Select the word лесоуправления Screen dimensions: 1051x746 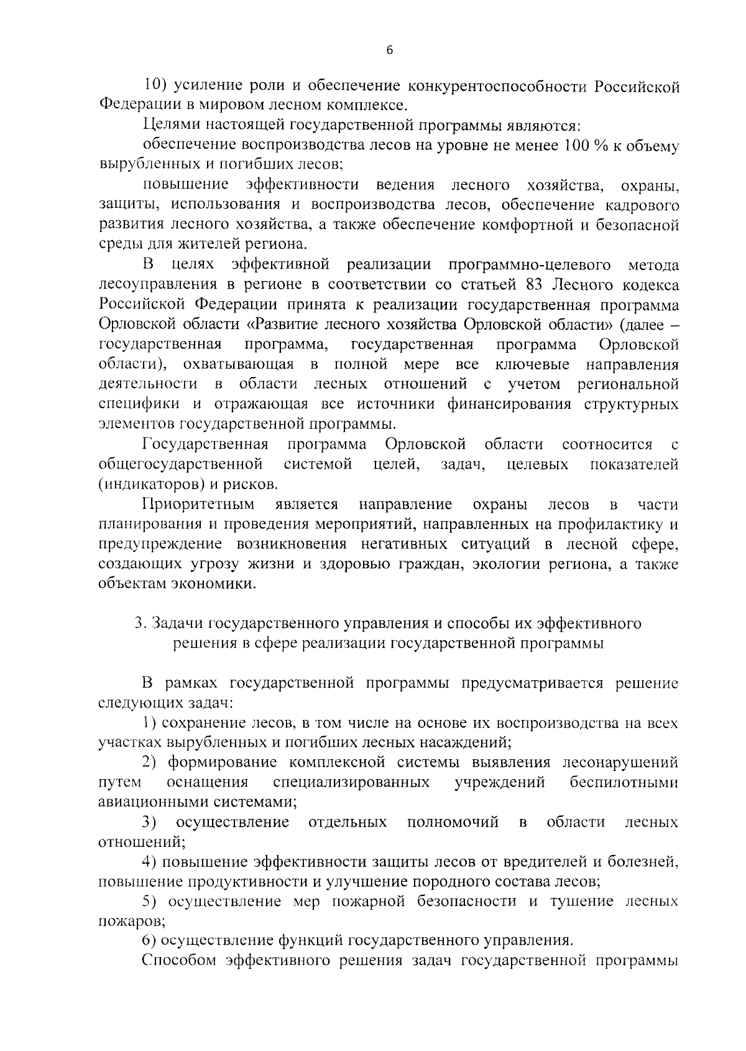158,285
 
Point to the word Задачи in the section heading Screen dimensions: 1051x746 177,624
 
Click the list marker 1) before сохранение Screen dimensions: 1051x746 149,723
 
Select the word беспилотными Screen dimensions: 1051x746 624,783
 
